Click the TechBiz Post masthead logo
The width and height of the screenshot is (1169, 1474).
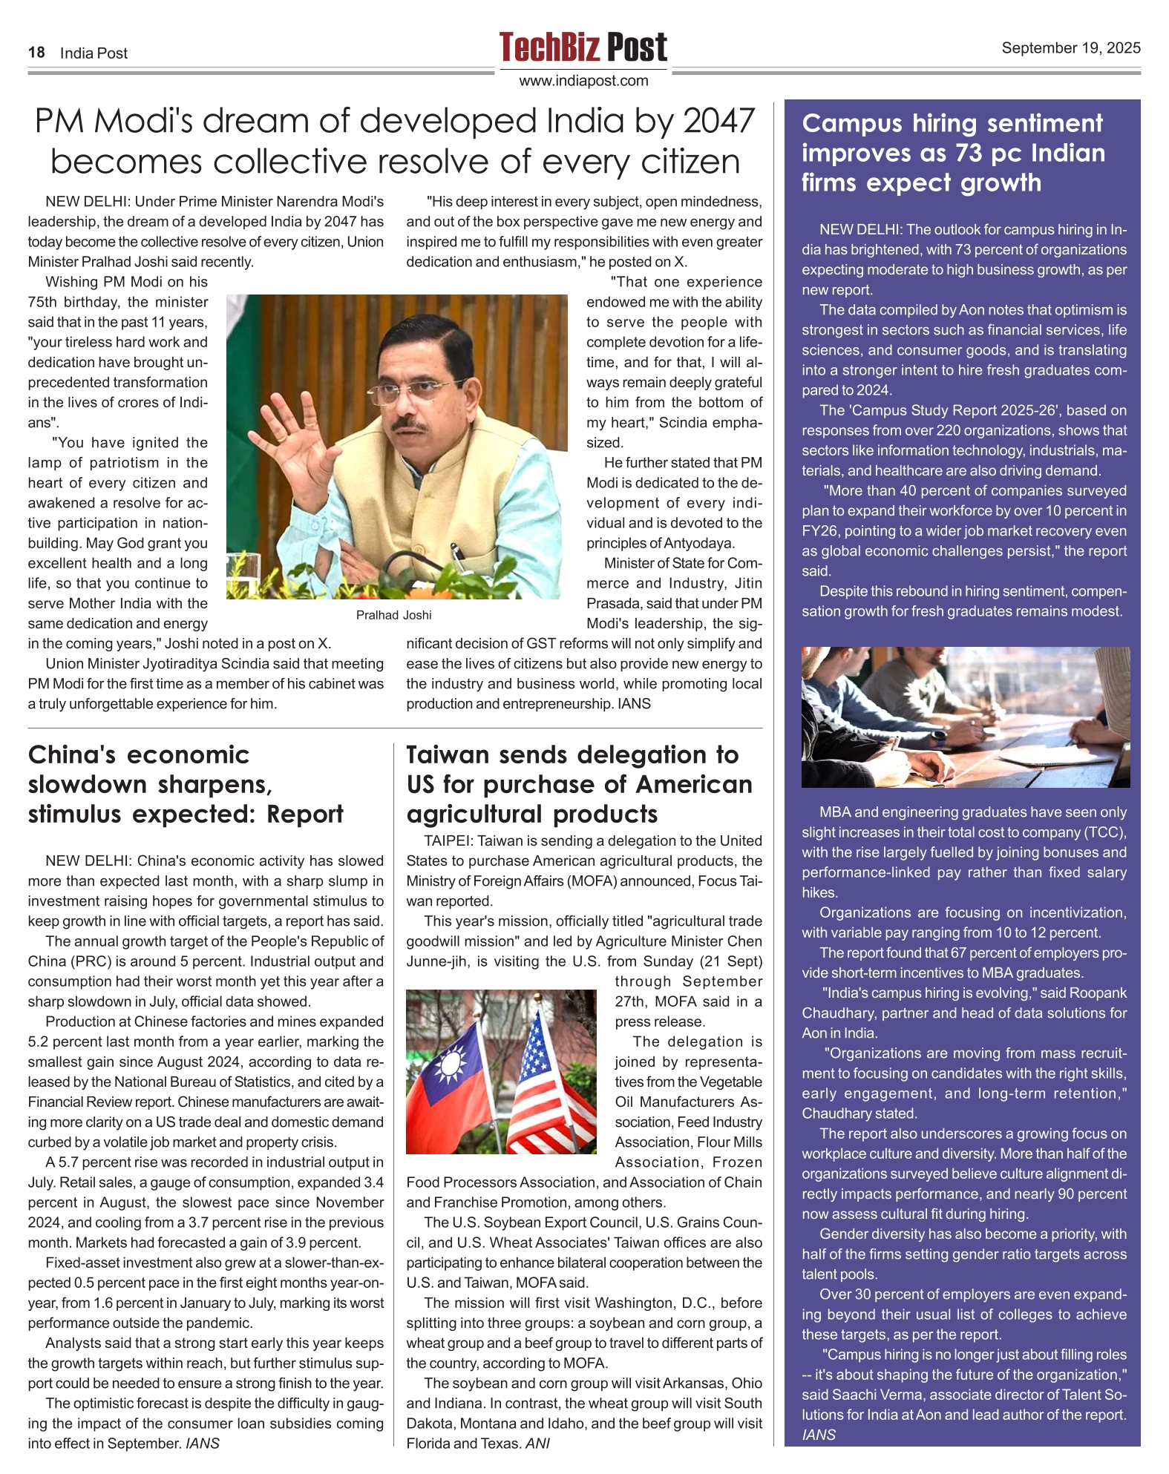tap(583, 47)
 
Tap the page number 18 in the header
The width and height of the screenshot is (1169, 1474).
tap(36, 53)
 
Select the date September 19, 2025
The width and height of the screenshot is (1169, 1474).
tap(1070, 48)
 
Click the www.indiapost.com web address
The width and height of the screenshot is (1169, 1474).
tap(583, 81)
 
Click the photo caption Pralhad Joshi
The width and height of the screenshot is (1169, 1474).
tap(393, 615)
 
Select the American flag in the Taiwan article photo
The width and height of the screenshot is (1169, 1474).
tap(549, 1076)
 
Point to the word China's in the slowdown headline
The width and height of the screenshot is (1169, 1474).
tap(72, 755)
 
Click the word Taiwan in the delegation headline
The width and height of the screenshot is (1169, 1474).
tap(447, 755)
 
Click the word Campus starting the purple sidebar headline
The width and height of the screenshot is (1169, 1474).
tap(851, 123)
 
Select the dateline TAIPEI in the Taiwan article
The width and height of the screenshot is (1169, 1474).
tap(447, 841)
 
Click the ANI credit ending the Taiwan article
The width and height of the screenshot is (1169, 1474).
tap(537, 1444)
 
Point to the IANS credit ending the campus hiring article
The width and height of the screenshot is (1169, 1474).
tap(819, 1435)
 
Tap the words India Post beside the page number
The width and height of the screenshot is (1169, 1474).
tap(94, 53)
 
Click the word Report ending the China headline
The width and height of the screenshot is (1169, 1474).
tap(305, 815)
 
